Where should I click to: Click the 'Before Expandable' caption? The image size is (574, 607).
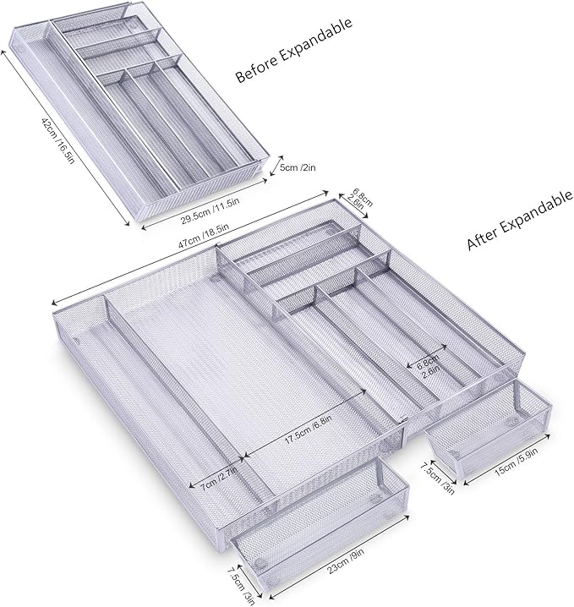pyautogui.click(x=294, y=50)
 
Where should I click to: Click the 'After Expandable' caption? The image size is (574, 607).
pyautogui.click(x=519, y=220)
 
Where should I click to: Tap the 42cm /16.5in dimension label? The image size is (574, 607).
pyautogui.click(x=57, y=140)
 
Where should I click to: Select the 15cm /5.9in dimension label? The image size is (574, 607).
pyautogui.click(x=517, y=462)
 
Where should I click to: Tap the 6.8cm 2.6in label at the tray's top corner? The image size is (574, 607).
pyautogui.click(x=359, y=198)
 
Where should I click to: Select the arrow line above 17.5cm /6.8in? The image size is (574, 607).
pyautogui.click(x=304, y=424)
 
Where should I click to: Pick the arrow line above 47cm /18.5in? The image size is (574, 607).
pyautogui.click(x=190, y=246)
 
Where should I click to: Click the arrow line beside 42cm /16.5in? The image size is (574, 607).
pyautogui.click(x=66, y=138)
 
